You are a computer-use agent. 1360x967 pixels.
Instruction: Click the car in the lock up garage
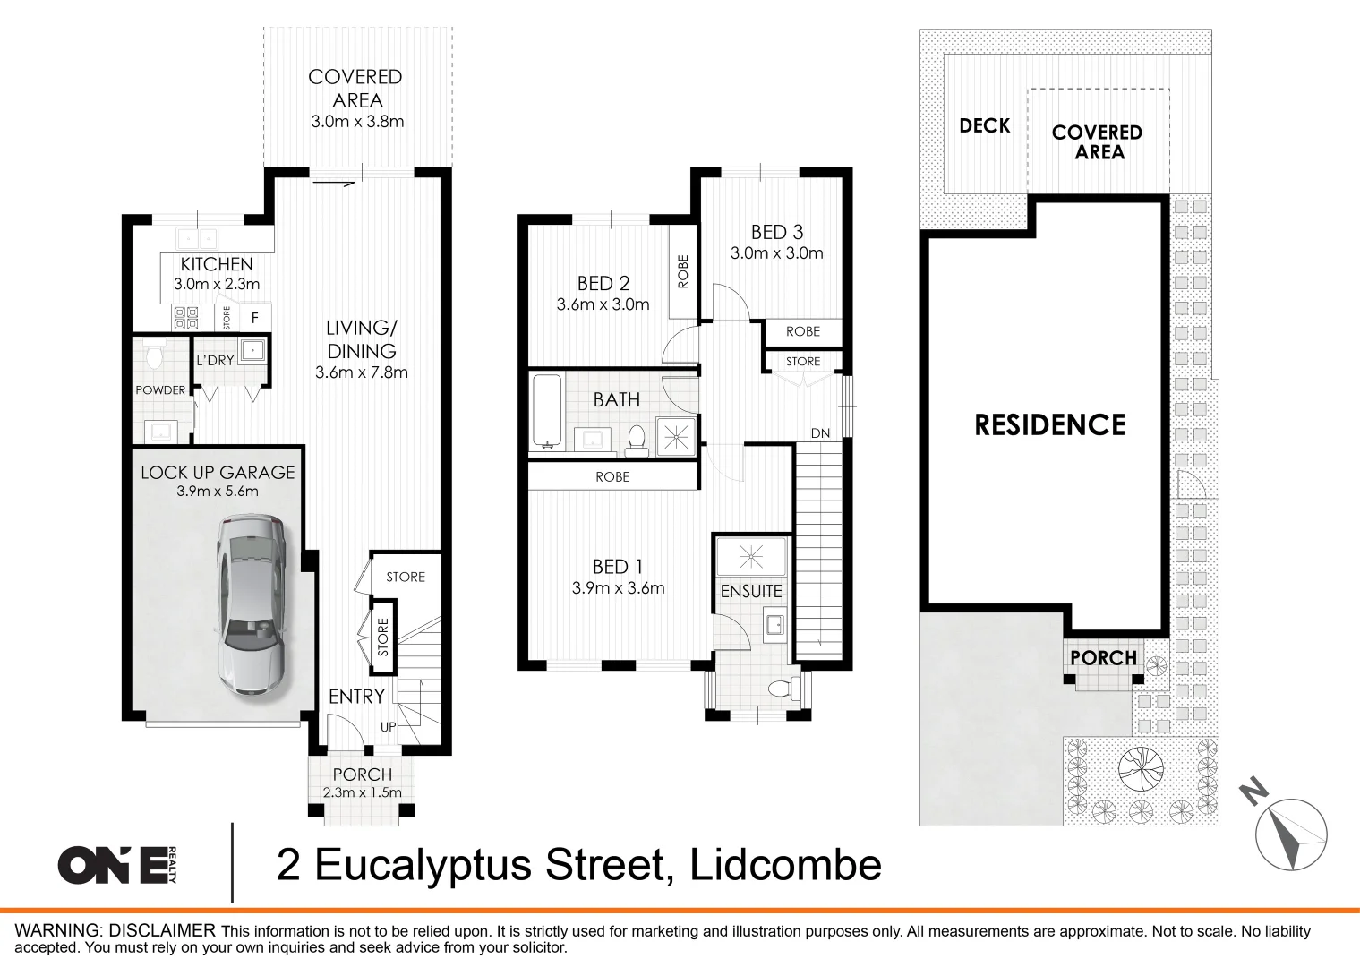point(250,604)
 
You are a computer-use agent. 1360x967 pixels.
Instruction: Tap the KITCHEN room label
point(217,264)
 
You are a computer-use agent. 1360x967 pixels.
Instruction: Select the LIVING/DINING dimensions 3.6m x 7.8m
point(362,372)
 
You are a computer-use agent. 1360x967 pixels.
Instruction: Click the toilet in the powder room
point(154,357)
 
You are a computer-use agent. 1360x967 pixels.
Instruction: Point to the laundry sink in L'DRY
point(253,350)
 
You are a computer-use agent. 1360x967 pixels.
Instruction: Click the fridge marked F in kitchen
point(255,318)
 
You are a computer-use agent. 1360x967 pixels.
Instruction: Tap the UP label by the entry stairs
point(388,727)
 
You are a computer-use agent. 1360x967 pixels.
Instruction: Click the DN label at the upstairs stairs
point(820,433)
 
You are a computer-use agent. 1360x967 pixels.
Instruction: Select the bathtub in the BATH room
point(546,410)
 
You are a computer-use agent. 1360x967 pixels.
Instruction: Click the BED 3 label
point(776,233)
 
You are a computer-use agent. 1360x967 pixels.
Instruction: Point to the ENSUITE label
point(751,591)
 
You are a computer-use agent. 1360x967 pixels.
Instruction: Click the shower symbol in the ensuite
point(751,558)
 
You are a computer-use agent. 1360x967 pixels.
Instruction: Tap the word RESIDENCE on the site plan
point(1049,424)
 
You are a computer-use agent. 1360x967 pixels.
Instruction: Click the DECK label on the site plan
point(984,126)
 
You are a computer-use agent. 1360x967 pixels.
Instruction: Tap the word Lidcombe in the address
point(785,865)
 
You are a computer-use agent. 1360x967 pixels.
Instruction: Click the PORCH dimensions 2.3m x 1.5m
point(362,792)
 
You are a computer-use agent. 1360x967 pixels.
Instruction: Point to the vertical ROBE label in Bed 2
point(683,271)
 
